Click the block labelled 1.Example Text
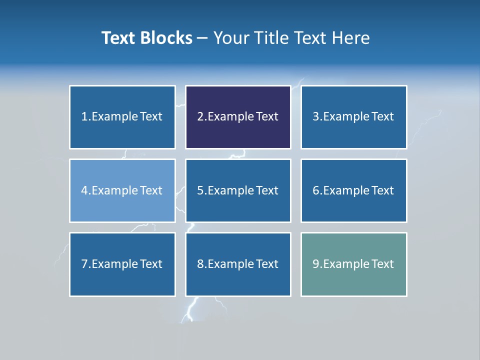point(122,117)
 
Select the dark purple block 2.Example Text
point(238,117)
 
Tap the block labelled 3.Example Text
point(353,117)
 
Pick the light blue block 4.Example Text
point(122,190)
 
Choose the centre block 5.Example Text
point(238,190)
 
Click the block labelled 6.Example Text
point(353,190)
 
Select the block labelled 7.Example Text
point(122,264)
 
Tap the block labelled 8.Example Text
point(238,264)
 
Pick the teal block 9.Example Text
point(353,264)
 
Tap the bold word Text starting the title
point(119,38)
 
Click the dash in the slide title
point(202,38)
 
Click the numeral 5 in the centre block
point(200,190)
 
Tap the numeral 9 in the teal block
point(316,264)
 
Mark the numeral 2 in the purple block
point(200,117)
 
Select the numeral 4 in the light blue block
point(84,190)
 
